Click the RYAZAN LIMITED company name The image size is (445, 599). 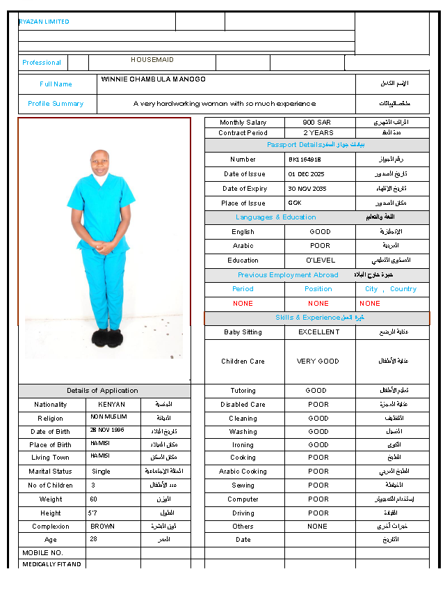coord(44,22)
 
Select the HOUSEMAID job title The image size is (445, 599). coord(152,60)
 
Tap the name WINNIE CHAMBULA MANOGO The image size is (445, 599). coord(153,79)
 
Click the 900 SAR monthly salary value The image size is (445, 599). coord(317,123)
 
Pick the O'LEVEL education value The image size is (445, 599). coord(321,260)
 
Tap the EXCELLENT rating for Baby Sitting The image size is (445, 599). coord(319,332)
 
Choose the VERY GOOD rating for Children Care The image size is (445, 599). coord(318,361)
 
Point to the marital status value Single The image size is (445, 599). coord(101,472)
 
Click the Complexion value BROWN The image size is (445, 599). coord(102,527)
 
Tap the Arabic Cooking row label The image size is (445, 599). coord(243,472)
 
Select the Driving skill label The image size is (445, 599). coord(243,513)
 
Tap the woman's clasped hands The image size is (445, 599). coord(102,245)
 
